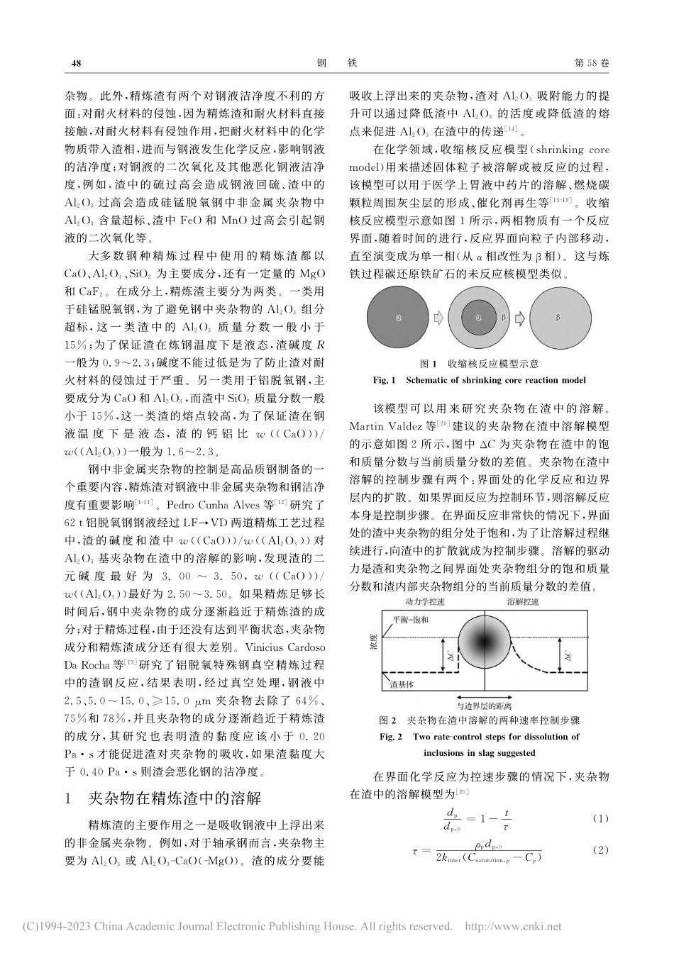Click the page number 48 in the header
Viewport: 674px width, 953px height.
(77, 63)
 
